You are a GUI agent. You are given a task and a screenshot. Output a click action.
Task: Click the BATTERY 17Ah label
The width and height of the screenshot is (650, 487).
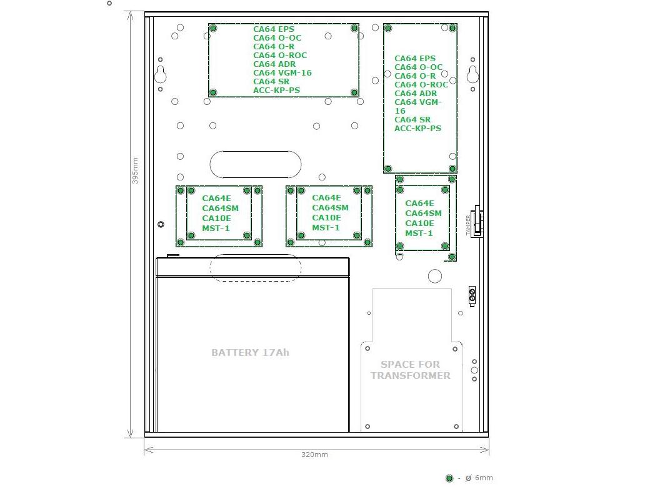click(x=250, y=352)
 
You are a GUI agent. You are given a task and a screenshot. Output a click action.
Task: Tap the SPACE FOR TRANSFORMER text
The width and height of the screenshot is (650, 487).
click(x=411, y=370)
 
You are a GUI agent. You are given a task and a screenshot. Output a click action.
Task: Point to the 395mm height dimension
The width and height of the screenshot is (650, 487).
click(x=135, y=170)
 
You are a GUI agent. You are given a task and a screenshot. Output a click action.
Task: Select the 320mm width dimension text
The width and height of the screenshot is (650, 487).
click(x=314, y=455)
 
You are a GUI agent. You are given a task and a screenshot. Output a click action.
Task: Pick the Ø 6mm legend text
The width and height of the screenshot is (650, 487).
click(x=479, y=478)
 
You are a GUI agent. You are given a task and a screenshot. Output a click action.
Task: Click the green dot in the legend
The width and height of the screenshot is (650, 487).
click(x=449, y=478)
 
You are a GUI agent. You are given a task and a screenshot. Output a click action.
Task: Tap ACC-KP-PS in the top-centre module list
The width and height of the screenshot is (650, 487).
click(x=276, y=91)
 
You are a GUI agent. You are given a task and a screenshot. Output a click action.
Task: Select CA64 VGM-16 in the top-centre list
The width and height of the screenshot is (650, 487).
click(x=282, y=73)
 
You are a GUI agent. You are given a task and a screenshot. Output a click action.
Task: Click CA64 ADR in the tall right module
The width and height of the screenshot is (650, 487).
click(x=416, y=94)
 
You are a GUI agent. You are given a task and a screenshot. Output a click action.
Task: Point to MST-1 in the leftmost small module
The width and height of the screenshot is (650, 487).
click(x=216, y=228)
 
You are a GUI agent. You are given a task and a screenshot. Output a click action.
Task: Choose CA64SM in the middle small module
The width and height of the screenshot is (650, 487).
click(x=330, y=208)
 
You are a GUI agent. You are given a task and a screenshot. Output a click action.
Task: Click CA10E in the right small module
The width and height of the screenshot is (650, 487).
click(x=419, y=224)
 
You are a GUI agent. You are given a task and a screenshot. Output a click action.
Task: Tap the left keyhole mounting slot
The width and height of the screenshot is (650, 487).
click(x=161, y=74)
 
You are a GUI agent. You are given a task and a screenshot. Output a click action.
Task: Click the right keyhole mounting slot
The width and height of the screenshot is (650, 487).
click(x=472, y=74)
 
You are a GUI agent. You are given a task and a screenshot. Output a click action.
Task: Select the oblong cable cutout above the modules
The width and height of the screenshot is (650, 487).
click(x=256, y=164)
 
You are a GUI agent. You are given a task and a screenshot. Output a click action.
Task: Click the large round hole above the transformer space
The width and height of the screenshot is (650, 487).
click(x=435, y=276)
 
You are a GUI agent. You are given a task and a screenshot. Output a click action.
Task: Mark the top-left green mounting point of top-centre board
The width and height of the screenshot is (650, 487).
click(x=213, y=28)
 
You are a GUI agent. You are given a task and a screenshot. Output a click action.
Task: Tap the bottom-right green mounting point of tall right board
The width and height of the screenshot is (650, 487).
click(x=452, y=169)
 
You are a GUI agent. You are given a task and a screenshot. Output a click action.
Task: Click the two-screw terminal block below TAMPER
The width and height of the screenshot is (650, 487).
click(x=472, y=296)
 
